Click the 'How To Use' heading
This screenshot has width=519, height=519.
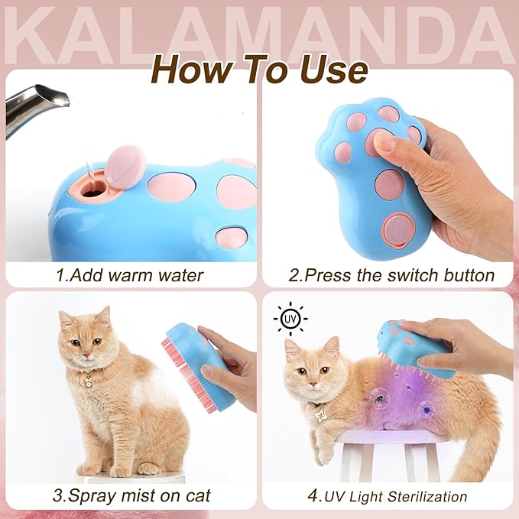pos(259,70)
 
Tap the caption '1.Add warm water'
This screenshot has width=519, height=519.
pos(130,274)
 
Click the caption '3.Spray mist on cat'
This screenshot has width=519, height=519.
pos(130,495)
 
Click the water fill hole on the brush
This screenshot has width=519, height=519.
pos(94,191)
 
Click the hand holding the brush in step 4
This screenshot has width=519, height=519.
pos(466,344)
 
